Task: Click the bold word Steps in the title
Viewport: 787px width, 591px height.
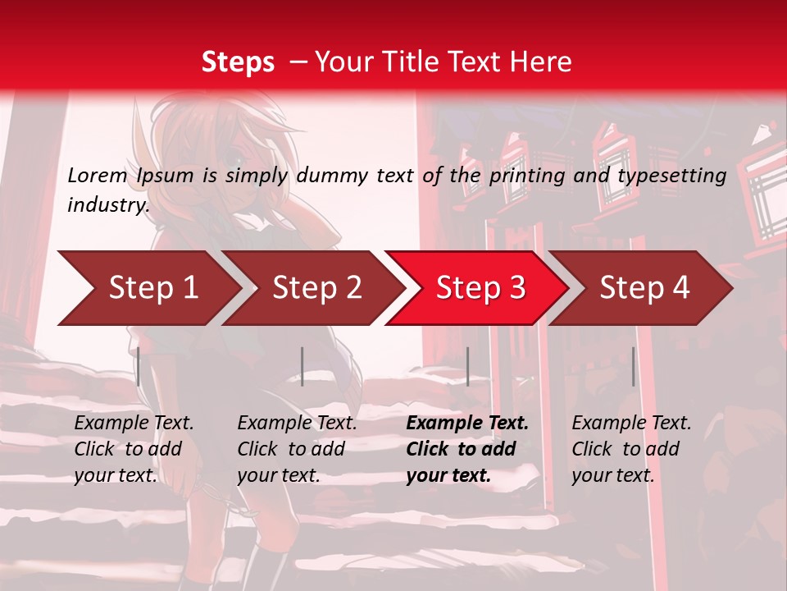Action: [x=238, y=62]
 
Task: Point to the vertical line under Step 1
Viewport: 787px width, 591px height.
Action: [x=139, y=366]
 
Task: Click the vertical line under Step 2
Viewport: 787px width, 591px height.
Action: [x=303, y=366]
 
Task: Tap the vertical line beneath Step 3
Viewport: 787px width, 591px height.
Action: [x=467, y=366]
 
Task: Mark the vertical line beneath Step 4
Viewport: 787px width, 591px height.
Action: [x=634, y=366]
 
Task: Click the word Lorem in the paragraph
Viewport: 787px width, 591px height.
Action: [x=98, y=175]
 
